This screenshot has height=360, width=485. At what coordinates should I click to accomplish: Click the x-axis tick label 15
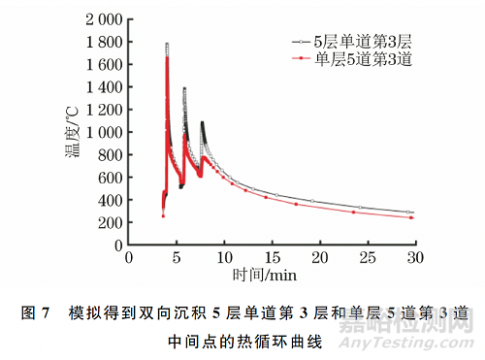pos(271,258)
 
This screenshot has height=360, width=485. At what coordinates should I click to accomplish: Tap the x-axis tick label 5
pos(176,258)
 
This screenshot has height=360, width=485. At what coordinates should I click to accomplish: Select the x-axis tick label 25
pos(367,258)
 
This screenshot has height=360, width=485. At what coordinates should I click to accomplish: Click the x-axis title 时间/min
pos(272,276)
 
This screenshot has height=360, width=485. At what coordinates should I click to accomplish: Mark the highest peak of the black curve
pos(167,44)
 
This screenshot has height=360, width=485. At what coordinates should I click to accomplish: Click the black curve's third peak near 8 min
pos(202,123)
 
